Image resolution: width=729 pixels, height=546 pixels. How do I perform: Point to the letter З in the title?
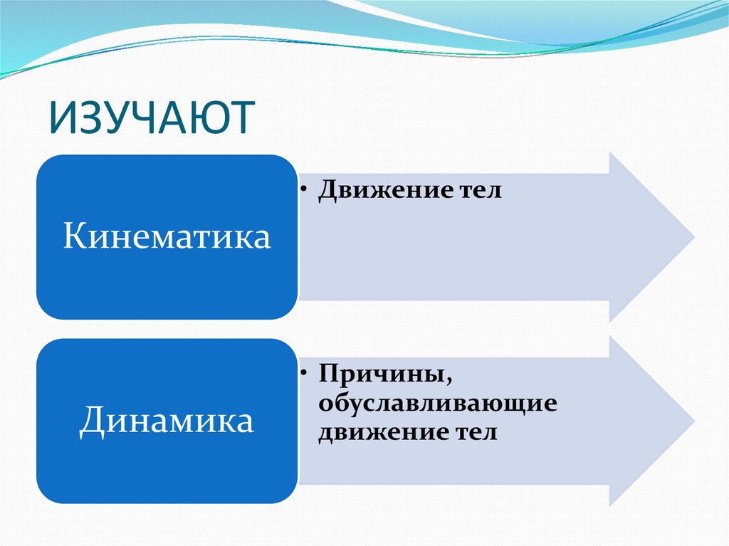(x=90, y=117)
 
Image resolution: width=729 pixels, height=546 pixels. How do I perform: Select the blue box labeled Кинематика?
(x=167, y=236)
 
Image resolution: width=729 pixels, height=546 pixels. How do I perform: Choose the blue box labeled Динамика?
(x=167, y=420)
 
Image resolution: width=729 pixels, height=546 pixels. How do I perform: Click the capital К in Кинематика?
(x=73, y=236)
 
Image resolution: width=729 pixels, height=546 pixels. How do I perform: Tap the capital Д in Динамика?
(x=90, y=420)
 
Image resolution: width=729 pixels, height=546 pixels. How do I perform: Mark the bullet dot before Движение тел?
(x=305, y=191)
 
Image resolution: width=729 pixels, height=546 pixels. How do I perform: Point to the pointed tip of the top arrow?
(x=693, y=236)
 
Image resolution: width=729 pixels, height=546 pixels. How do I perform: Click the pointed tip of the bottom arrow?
(x=693, y=420)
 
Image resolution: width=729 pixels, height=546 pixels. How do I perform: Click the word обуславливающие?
(x=437, y=403)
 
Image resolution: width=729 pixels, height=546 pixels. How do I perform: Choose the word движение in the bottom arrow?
(x=377, y=432)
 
